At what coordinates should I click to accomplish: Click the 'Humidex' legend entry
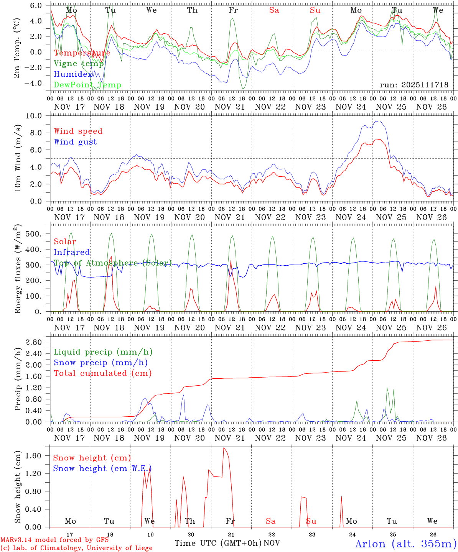(x=73, y=74)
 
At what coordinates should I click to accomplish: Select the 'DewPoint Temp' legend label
(x=87, y=85)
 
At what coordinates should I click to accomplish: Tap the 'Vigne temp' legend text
(x=79, y=64)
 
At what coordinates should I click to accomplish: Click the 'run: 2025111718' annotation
(x=414, y=85)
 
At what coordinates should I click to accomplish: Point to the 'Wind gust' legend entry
(x=75, y=142)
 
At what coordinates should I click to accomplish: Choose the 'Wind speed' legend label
(x=78, y=131)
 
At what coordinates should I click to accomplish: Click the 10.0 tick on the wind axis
(x=38, y=116)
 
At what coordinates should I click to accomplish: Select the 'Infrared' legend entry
(x=72, y=252)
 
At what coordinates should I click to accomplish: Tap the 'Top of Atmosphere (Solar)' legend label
(x=112, y=263)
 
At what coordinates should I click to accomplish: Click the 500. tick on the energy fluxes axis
(x=38, y=234)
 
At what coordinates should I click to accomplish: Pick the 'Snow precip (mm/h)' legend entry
(x=100, y=363)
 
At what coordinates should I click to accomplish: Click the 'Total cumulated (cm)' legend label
(x=102, y=373)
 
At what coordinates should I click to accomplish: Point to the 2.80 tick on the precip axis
(x=38, y=342)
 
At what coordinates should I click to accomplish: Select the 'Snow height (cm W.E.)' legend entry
(x=102, y=468)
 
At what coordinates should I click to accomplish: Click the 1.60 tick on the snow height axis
(x=38, y=456)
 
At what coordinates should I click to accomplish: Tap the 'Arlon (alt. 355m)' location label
(x=406, y=544)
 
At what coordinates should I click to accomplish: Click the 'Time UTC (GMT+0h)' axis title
(x=218, y=543)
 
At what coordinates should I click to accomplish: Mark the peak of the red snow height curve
(x=224, y=448)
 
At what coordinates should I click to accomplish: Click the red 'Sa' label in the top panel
(x=274, y=10)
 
